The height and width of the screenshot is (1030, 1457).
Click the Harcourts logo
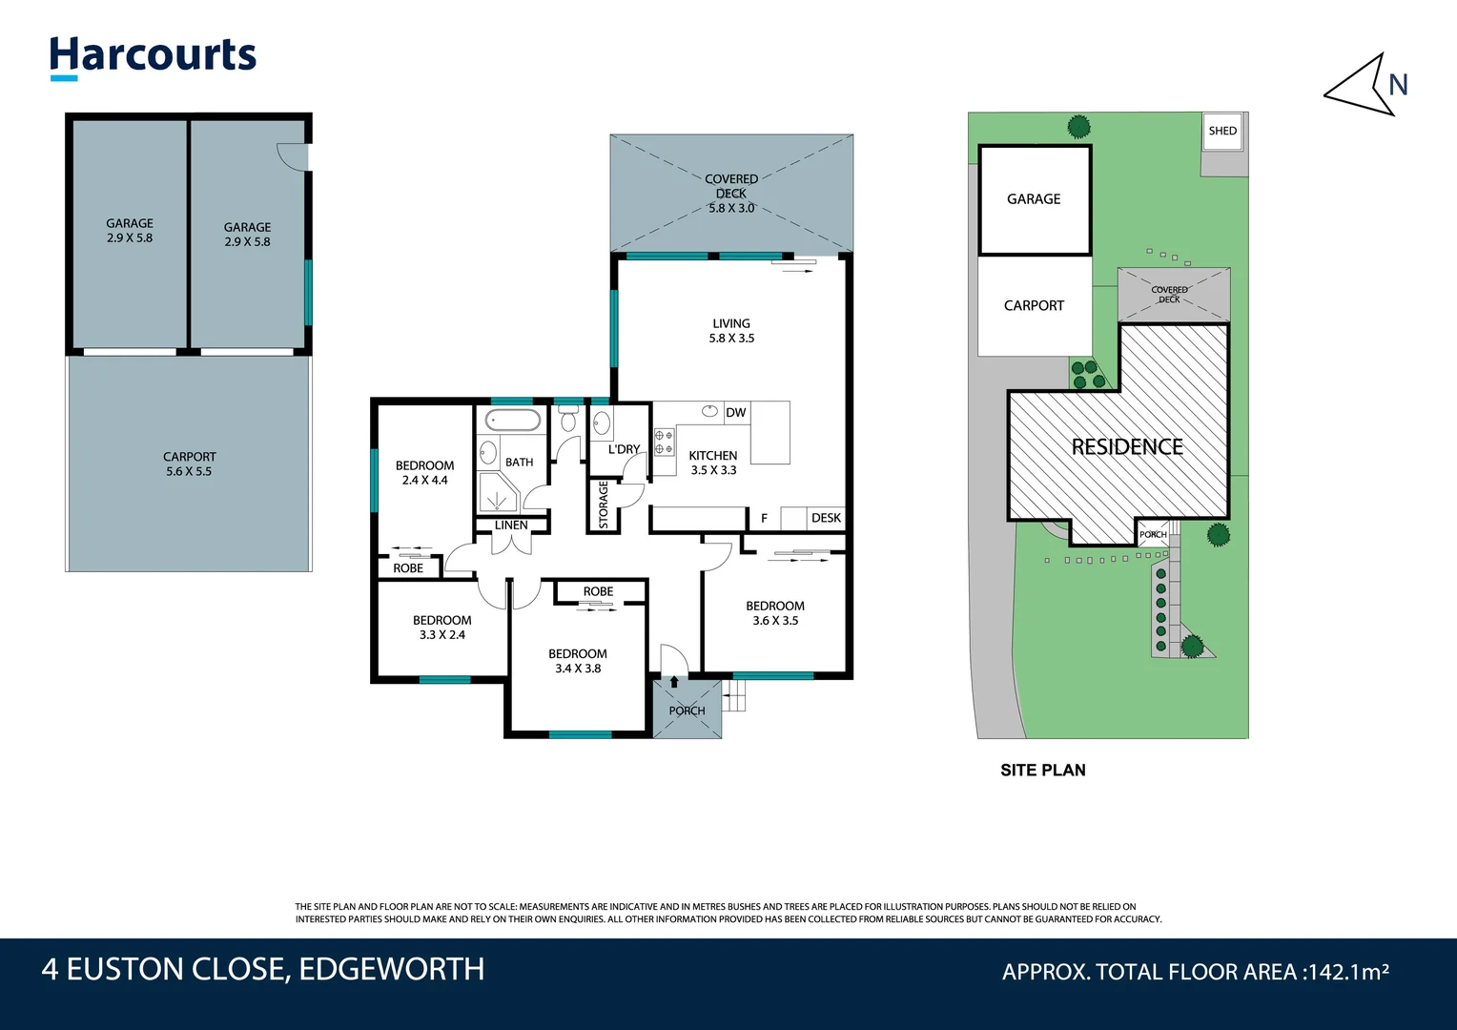154,56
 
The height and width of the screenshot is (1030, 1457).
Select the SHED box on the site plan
1222,132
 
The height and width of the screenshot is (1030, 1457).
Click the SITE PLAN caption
1042,771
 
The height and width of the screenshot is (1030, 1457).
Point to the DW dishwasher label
736,413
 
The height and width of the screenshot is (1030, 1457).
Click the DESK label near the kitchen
826,518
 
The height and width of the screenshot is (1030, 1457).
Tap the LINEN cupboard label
511,525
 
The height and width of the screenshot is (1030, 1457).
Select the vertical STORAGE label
603,505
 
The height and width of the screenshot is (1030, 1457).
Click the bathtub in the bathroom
513,420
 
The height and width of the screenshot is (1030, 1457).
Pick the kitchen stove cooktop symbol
664,442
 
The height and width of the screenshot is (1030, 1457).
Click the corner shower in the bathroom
497,492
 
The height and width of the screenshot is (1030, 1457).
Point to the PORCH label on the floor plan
687,711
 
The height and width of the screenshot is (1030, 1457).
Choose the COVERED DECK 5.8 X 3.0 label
731,194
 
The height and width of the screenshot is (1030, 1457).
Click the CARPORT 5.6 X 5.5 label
189,464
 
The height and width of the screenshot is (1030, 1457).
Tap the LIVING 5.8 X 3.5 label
731,331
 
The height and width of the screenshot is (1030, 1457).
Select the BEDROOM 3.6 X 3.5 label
775,613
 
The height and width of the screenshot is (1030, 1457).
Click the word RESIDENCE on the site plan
1127,447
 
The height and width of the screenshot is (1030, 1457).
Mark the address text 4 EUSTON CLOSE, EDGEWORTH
263,970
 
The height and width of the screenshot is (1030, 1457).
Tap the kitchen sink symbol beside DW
709,411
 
